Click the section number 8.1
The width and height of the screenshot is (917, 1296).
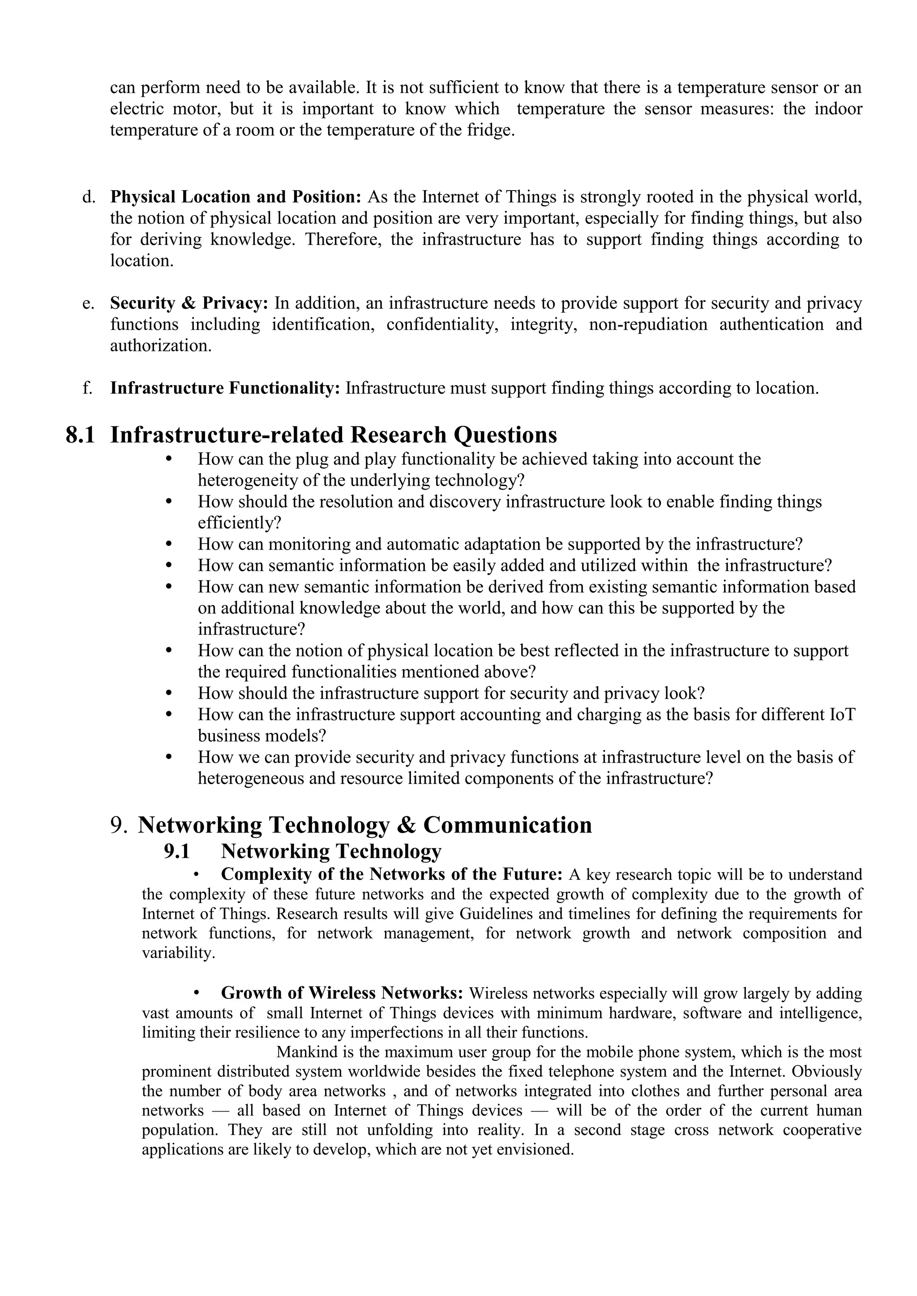[x=80, y=435]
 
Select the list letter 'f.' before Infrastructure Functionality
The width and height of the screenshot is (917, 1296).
[x=87, y=388]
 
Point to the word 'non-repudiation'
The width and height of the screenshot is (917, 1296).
[x=647, y=324]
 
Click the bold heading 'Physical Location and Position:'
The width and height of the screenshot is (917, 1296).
[x=236, y=197]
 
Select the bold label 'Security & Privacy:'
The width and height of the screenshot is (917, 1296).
[x=189, y=304]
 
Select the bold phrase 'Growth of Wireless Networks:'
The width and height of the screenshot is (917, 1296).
[x=342, y=993]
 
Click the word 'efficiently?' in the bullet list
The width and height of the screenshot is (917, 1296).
[x=240, y=523]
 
